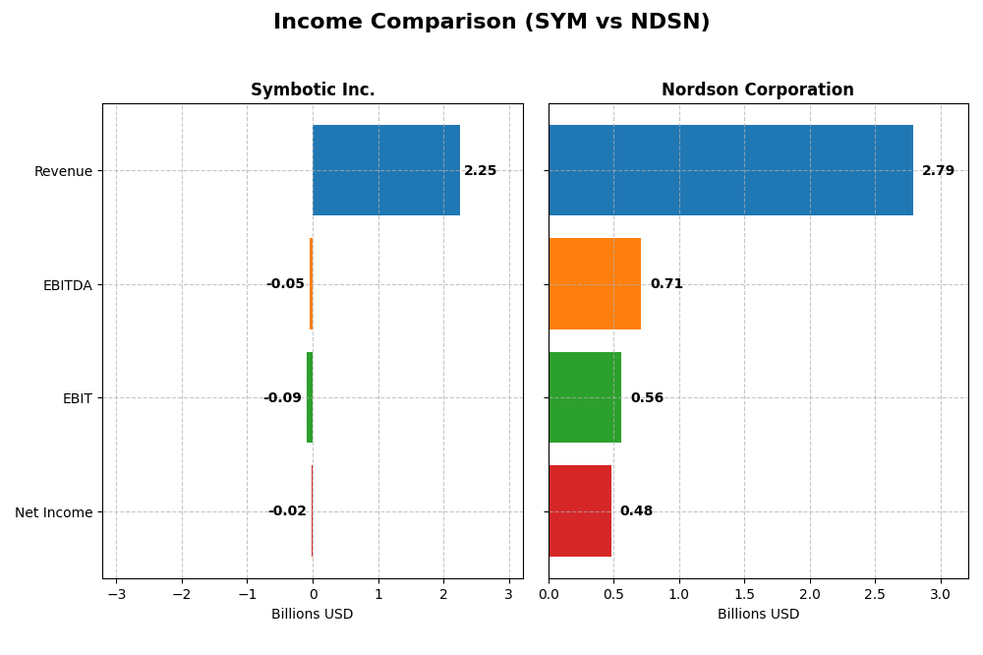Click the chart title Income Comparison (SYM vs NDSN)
pyautogui.click(x=491, y=22)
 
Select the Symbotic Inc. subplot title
pyautogui.click(x=313, y=89)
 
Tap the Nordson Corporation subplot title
pyautogui.click(x=757, y=89)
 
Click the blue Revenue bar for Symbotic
pyautogui.click(x=386, y=170)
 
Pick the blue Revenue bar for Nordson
pyautogui.click(x=730, y=170)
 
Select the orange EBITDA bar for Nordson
pyautogui.click(x=595, y=284)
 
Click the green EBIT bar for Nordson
pyautogui.click(x=585, y=397)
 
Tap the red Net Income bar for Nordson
pyautogui.click(x=580, y=511)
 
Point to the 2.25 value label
pyautogui.click(x=481, y=171)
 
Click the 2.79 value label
pyautogui.click(x=938, y=171)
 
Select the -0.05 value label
pyautogui.click(x=285, y=284)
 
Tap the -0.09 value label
pyautogui.click(x=282, y=398)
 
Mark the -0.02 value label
pyautogui.click(x=287, y=511)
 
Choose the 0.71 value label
pyautogui.click(x=666, y=284)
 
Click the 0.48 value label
pyautogui.click(x=636, y=511)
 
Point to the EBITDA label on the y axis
pyautogui.click(x=67, y=285)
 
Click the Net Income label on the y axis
pyautogui.click(x=53, y=512)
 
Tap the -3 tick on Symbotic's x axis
pyautogui.click(x=116, y=594)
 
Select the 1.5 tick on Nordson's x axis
pyautogui.click(x=744, y=594)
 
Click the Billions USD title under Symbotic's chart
pyautogui.click(x=313, y=614)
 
